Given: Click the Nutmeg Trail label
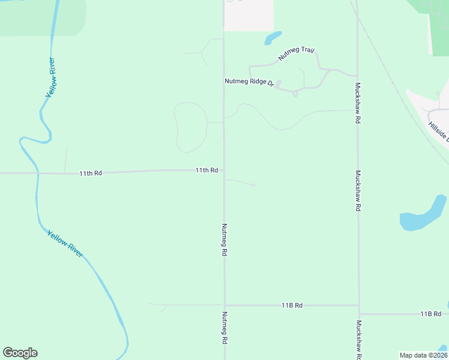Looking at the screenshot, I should (297, 54).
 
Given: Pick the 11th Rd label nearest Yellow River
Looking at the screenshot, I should (91, 173).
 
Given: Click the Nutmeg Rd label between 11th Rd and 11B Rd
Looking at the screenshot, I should (224, 240).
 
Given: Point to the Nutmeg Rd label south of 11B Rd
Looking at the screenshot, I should (224, 328).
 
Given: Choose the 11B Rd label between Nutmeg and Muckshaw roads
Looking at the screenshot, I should (292, 305).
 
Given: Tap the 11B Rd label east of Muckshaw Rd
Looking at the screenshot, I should (430, 314).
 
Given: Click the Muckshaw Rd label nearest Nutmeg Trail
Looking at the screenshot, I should (358, 103).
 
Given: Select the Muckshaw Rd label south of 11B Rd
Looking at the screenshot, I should (358, 340).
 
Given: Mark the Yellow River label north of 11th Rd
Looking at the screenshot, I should (52, 79).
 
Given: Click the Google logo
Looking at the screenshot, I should (20, 353).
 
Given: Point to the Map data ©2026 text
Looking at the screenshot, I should (423, 355).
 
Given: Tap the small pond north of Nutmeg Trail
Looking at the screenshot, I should (273, 38).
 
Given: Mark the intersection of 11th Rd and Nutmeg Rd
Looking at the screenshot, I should (224, 170).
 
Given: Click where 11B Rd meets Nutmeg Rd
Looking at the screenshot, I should (225, 305).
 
